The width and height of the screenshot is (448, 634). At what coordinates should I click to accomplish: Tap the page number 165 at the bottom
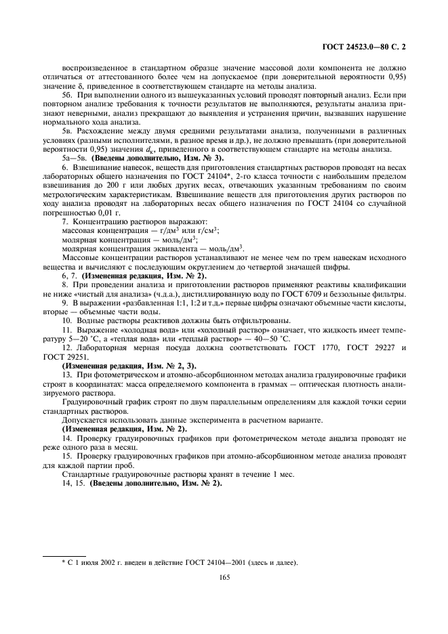[224, 578]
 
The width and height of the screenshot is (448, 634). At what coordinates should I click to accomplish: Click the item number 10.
[66, 321]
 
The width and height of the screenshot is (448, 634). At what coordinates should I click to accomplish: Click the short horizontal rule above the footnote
[64, 555]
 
